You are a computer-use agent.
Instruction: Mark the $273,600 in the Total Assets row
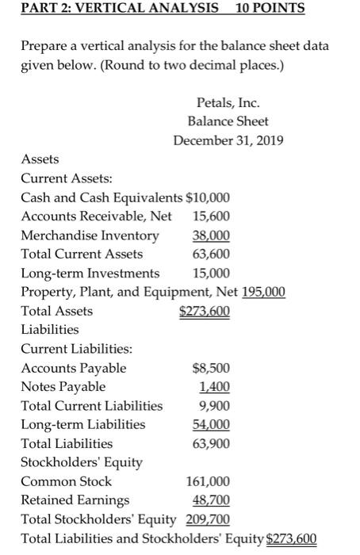click(205, 311)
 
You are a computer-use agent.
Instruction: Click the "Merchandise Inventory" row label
click(90, 235)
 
